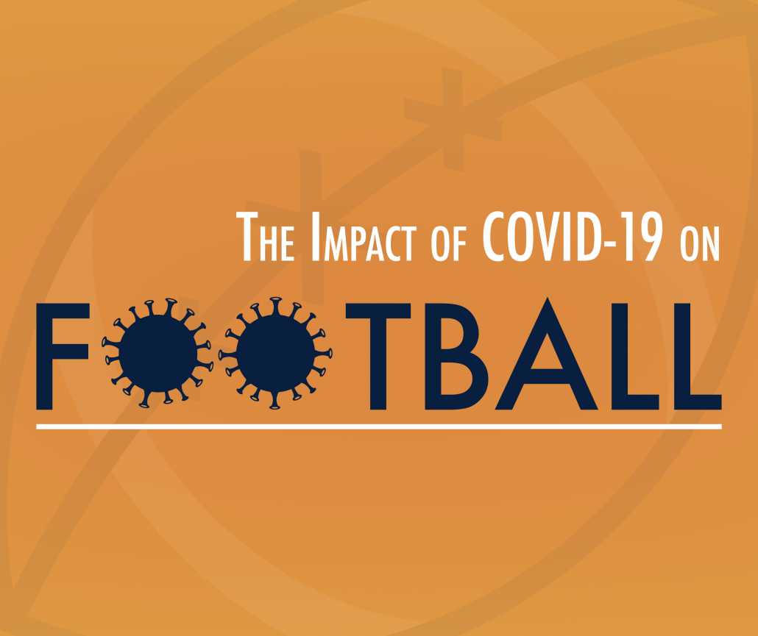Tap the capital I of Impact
pyautogui.click(x=316, y=237)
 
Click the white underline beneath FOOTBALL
pyautogui.click(x=378, y=426)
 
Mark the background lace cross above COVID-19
pyautogui.click(x=452, y=118)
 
